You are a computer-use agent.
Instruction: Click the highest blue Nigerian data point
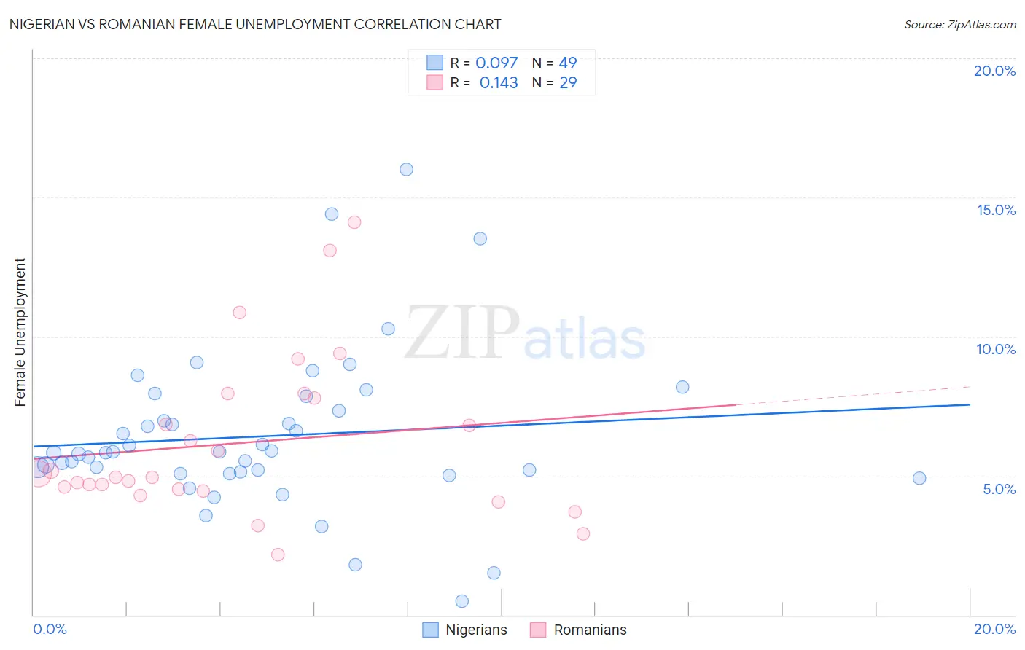pos(406,169)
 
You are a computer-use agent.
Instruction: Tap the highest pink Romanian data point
pos(354,222)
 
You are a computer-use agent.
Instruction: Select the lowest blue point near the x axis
pos(461,601)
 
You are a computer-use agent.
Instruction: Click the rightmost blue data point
pos(919,478)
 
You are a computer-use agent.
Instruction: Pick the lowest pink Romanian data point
pos(278,555)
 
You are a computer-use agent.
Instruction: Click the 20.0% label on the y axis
pos(994,71)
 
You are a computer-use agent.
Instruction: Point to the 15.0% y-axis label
pos(996,210)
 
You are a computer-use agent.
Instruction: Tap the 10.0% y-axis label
pos(996,349)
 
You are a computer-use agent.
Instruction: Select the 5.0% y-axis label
pos(999,489)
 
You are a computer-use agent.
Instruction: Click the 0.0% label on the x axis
pos(50,629)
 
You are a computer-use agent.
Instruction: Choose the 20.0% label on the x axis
pos(994,629)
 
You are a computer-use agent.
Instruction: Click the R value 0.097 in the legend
pos(496,63)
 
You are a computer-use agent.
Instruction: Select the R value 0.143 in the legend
pos(499,83)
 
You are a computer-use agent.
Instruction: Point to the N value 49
pos(568,63)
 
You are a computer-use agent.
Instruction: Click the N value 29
pos(568,83)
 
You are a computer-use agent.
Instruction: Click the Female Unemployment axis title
pos(20,332)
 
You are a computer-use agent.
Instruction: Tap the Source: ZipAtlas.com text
pos(959,25)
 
